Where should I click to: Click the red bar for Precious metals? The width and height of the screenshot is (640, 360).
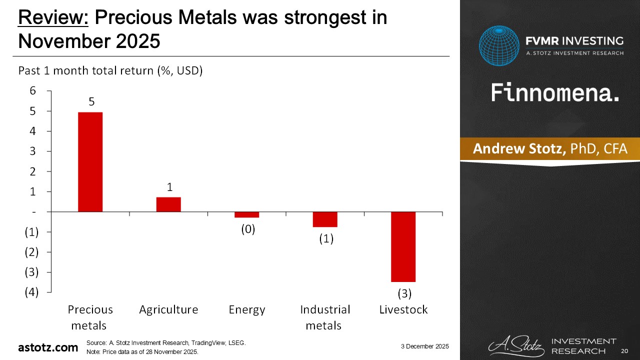tap(90, 161)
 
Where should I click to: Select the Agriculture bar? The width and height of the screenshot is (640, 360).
tap(168, 204)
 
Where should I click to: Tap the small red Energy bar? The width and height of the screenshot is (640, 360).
tap(246, 214)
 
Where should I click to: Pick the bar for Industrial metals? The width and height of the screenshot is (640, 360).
tap(325, 219)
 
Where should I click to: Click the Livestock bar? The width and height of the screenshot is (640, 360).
tap(403, 246)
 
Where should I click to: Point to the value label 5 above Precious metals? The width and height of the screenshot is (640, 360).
tap(91, 101)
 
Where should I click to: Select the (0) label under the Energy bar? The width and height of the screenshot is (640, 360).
tap(247, 229)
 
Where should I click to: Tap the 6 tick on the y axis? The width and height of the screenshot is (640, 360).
tap(32, 90)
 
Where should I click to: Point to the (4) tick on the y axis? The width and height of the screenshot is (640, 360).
tap(31, 292)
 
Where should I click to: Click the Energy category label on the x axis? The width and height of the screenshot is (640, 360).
tap(246, 309)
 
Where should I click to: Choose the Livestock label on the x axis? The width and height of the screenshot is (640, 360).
tap(403, 309)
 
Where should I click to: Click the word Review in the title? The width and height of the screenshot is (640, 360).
tap(52, 18)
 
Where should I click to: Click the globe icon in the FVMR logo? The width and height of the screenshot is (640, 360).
tap(499, 45)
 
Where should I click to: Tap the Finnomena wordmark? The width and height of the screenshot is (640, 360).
tap(555, 93)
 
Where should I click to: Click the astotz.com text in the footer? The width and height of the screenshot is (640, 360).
tap(48, 347)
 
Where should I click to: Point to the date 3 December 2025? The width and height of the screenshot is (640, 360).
tap(424, 346)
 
